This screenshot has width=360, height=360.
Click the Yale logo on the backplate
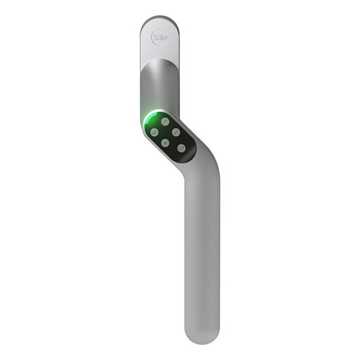[x=160, y=38]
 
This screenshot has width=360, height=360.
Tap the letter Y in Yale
[x=155, y=37]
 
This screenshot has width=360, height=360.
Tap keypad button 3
[x=154, y=132]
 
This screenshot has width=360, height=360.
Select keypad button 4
[x=165, y=143]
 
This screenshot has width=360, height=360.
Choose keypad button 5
[x=181, y=148]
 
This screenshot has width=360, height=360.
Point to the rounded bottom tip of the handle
[x=201, y=337]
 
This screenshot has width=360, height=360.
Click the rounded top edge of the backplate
[x=159, y=19]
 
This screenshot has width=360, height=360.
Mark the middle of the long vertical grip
[x=201, y=247]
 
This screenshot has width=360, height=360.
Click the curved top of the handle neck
[x=159, y=62]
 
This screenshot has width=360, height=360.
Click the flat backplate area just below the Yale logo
[x=159, y=52]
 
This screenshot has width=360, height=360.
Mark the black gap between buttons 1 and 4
[x=165, y=132]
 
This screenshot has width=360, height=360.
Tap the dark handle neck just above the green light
[x=159, y=96]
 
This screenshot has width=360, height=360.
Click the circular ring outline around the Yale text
[x=152, y=38]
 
